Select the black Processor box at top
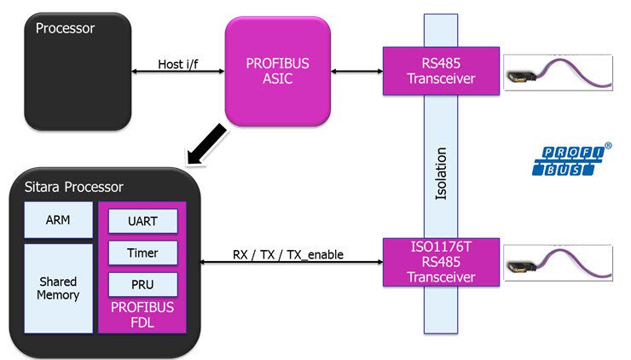point(78,72)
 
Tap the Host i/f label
point(178,64)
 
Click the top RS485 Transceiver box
point(439,70)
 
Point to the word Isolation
point(441,174)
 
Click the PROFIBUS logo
point(571,162)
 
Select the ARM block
point(58,219)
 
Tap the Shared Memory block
point(58,287)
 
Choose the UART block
point(143,221)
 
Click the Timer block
point(143,253)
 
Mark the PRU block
point(143,284)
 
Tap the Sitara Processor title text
point(73,187)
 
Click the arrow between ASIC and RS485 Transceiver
point(356,72)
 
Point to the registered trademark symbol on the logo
point(608,146)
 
